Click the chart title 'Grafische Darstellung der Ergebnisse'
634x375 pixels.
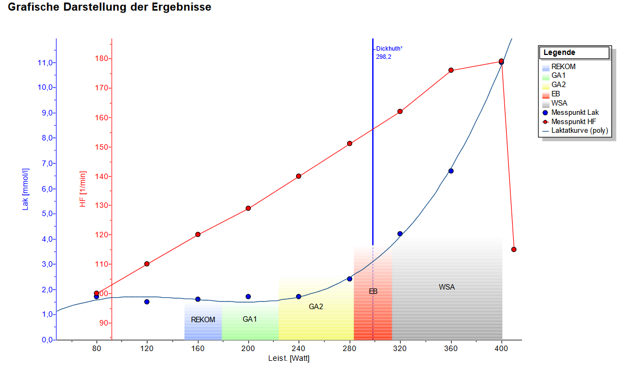(x=109, y=8)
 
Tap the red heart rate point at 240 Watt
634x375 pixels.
(x=299, y=176)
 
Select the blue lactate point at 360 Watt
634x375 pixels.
(x=451, y=171)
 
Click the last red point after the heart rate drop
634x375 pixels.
(x=514, y=249)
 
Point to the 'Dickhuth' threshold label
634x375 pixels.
(x=389, y=48)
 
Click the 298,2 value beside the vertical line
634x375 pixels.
(x=383, y=56)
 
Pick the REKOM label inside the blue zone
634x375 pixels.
(x=203, y=319)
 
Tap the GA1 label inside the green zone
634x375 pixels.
(x=250, y=319)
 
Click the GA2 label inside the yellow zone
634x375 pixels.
(x=316, y=306)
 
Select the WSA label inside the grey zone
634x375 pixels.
(x=447, y=287)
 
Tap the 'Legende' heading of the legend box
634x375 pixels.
(x=559, y=53)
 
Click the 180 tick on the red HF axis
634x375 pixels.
(x=100, y=59)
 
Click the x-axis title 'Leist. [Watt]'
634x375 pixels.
(x=288, y=358)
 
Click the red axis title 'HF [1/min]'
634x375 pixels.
(x=83, y=189)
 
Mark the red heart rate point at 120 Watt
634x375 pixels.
(x=146, y=264)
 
